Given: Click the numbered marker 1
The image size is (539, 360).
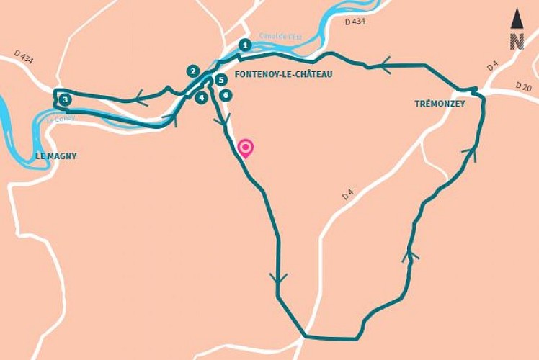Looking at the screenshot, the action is pos(245,45).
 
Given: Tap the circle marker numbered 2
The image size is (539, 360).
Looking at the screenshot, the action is pos(192,71).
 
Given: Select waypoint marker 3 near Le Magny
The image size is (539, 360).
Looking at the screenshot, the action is pos(65,99).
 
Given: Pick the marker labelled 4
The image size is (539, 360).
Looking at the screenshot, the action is pos(202,97).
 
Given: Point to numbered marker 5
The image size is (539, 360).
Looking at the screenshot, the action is pos(221,80).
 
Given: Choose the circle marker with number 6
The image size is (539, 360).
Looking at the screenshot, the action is pos(226,95).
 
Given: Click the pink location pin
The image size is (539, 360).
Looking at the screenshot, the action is pos(246,148).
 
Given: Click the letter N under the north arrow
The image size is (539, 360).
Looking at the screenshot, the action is pos(517,42).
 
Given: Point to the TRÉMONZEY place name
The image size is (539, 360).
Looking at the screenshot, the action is pos(440,104).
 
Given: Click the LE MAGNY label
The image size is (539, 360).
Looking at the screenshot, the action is pos(56,156).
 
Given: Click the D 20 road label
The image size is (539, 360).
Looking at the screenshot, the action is pos(523,86).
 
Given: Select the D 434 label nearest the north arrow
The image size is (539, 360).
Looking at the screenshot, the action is pos(356,23).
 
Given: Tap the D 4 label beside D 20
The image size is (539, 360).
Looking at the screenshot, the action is pos(492,67).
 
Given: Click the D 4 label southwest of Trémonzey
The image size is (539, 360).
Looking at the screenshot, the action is pos(348,193).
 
